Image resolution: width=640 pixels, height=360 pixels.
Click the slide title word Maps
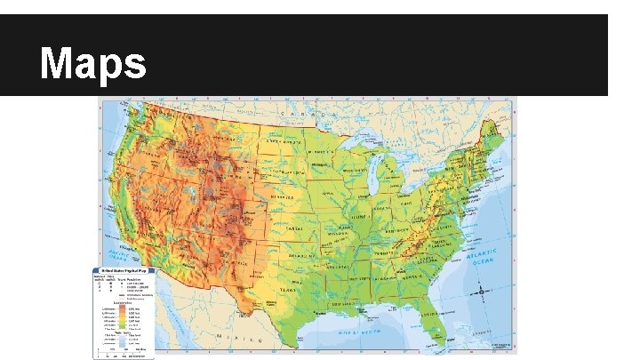pyautogui.click(x=93, y=63)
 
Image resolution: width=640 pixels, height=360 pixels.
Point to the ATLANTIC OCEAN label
pyautogui.click(x=484, y=258)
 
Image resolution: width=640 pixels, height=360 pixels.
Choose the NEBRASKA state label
pyautogui.click(x=283, y=196)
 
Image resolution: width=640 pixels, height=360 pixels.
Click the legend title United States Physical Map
pyautogui.click(x=123, y=269)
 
